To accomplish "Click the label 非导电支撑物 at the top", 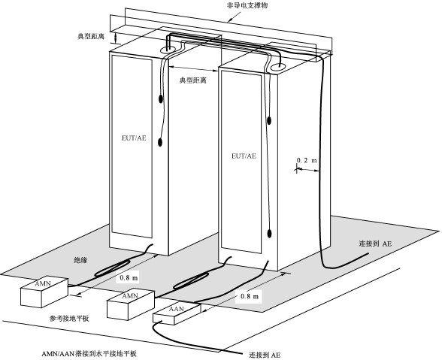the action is click(247, 5).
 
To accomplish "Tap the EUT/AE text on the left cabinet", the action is click(134, 138).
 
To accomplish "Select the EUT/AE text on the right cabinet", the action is click(244, 156).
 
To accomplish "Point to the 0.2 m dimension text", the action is click(307, 160).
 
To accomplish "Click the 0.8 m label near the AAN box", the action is click(250, 296).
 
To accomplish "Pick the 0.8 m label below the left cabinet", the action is click(129, 277).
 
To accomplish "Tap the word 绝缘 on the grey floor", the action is click(80, 260).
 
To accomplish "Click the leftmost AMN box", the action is click(44, 292).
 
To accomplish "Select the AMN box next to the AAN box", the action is click(131, 304).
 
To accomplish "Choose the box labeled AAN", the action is click(177, 313).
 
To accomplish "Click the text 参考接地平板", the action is click(69, 319).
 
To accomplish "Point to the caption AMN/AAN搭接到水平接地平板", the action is click(89, 353).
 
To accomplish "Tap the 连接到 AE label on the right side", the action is click(375, 244).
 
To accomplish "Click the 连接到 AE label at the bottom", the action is click(265, 355).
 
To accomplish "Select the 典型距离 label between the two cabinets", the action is click(193, 80).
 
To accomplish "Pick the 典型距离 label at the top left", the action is click(91, 36).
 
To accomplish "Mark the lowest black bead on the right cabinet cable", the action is click(269, 234).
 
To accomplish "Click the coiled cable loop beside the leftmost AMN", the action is click(113, 268).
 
